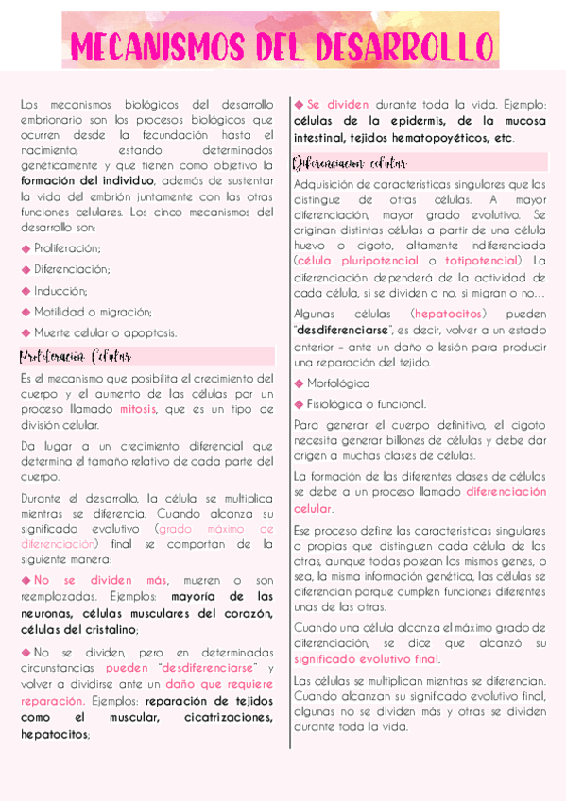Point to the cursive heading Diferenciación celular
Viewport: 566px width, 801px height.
click(343, 162)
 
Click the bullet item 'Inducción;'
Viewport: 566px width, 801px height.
click(60, 290)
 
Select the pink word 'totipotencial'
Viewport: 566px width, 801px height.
click(481, 260)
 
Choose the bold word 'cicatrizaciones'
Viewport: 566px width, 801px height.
click(227, 718)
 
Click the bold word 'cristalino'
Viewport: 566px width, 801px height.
click(104, 630)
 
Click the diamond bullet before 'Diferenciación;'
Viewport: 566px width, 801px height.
click(26, 269)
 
